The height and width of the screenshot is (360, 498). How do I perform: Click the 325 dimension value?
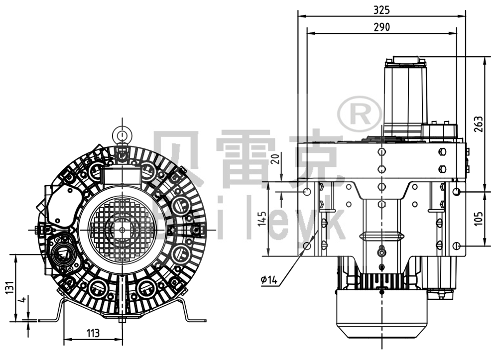[x=381, y=9]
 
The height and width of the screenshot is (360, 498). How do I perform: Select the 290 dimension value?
[x=381, y=27]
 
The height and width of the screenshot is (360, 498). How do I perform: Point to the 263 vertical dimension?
[x=479, y=124]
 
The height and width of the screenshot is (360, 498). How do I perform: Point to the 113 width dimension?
[x=93, y=333]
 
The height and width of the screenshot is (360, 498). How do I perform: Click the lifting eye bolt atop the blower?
[x=121, y=134]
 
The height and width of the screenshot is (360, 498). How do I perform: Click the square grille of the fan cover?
[x=122, y=229]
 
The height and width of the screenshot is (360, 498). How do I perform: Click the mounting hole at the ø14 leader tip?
[x=307, y=246]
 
